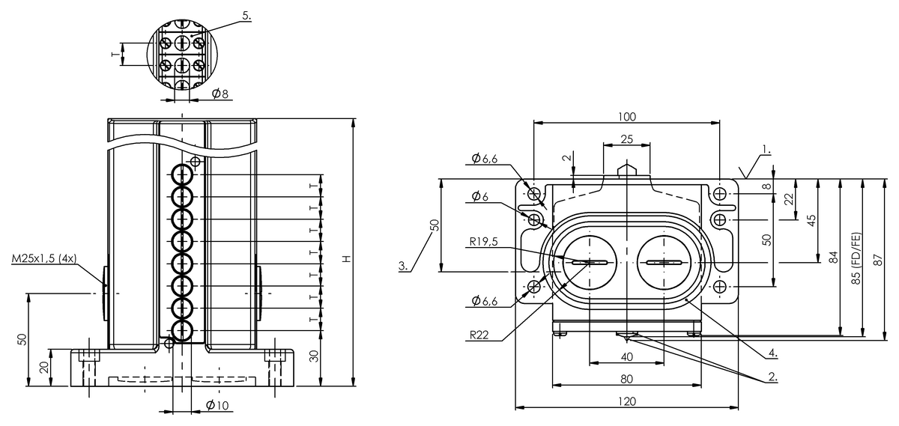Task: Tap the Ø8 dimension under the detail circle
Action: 220,94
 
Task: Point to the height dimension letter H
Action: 345,258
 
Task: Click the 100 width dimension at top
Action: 626,116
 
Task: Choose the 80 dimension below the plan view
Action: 628,379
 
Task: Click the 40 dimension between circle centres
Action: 627,356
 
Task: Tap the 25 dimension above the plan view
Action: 626,139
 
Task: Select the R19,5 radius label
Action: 486,242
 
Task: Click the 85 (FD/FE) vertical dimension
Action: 856,258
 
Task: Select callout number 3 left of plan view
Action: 404,266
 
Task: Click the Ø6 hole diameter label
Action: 480,196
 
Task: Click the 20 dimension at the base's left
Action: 43,367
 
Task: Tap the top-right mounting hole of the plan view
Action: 720,195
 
